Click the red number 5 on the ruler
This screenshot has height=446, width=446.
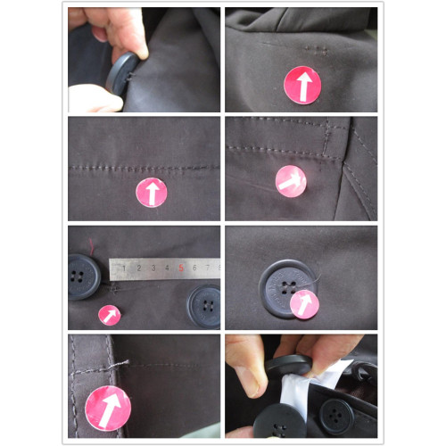(181, 268)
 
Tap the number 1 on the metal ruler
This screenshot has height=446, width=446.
(124, 268)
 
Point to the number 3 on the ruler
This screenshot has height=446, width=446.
(153, 268)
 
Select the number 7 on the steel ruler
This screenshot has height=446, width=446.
(208, 268)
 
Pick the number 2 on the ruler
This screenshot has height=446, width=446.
(139, 268)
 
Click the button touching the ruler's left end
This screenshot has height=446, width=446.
(83, 277)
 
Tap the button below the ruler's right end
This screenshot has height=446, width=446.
(204, 306)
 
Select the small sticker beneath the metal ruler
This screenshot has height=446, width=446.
(110, 315)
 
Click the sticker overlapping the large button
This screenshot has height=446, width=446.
(304, 304)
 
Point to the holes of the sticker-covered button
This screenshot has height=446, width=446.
(288, 287)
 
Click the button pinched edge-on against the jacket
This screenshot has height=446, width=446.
(122, 74)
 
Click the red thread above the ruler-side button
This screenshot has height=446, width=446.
(92, 245)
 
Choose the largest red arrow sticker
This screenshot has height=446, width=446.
(108, 408)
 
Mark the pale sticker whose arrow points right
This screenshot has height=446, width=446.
(291, 181)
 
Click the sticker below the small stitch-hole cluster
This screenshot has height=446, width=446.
(302, 85)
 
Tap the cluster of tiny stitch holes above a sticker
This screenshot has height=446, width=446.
(316, 51)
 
